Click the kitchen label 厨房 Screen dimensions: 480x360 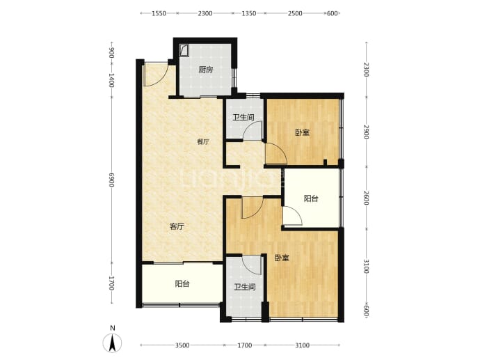click(x=205, y=70)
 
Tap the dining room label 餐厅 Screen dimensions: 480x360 click(x=203, y=142)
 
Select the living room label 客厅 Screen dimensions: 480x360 click(x=177, y=227)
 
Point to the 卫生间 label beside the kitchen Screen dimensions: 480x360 click(x=243, y=118)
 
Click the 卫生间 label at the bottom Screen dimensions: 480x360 click(x=245, y=287)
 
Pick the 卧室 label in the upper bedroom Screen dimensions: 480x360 click(x=302, y=132)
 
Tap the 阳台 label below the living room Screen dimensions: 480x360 click(x=182, y=284)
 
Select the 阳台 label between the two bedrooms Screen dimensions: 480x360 click(x=311, y=198)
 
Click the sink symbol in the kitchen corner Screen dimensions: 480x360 click(x=184, y=50)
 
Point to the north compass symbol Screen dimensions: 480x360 click(x=112, y=343)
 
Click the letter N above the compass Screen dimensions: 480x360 click(x=113, y=328)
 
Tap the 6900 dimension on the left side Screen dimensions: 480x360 click(x=111, y=180)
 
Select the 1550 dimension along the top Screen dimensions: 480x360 click(x=159, y=13)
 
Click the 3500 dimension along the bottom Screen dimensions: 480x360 click(x=182, y=345)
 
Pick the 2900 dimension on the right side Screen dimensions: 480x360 click(x=367, y=132)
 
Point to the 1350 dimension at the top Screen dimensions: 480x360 click(x=249, y=13)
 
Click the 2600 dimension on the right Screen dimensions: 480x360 click(x=367, y=198)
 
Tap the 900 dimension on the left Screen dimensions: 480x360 click(x=111, y=53)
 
